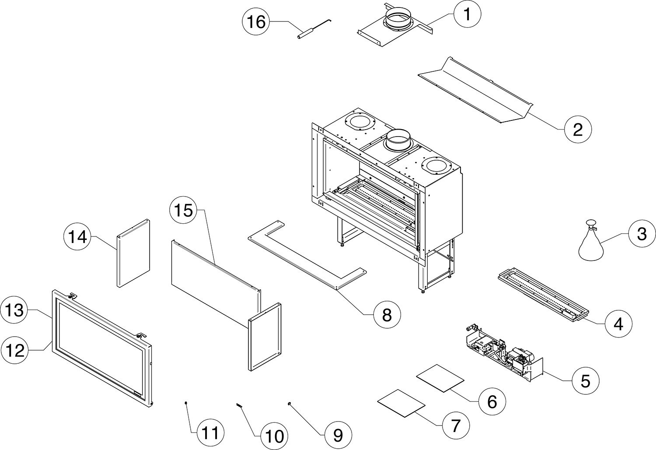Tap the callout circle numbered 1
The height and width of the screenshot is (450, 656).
click(x=467, y=14)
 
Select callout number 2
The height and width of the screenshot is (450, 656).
click(x=577, y=129)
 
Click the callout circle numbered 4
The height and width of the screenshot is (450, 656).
click(x=618, y=324)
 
